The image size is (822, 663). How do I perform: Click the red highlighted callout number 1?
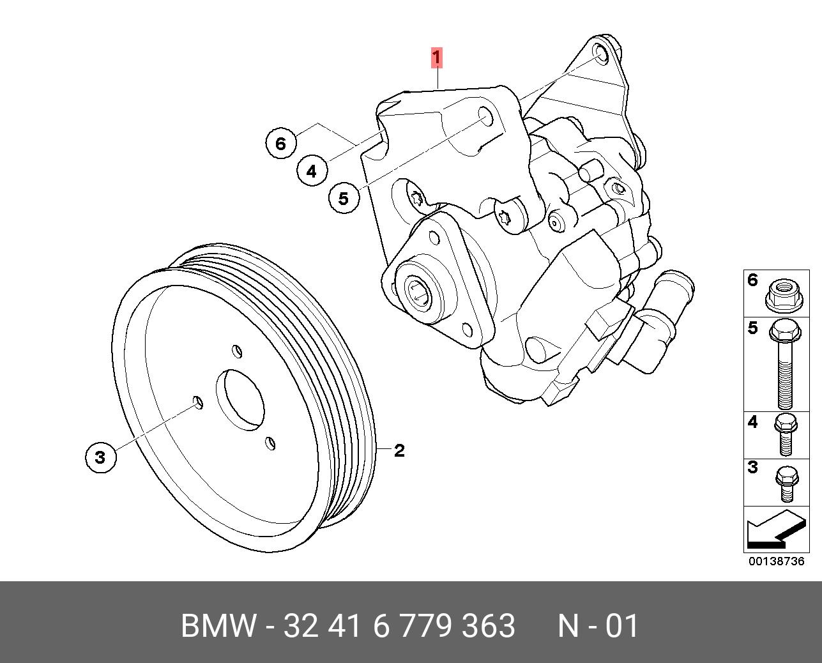click(436, 58)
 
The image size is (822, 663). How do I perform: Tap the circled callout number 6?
click(280, 143)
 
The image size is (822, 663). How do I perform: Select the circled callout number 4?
click(311, 171)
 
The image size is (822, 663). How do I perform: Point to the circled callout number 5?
click(344, 198)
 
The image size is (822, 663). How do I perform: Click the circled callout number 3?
click(100, 457)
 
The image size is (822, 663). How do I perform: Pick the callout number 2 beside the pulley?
click(399, 451)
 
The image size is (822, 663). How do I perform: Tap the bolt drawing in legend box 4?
click(785, 434)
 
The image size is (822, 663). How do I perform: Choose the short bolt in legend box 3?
click(785, 482)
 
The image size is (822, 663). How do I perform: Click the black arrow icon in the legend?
click(774, 529)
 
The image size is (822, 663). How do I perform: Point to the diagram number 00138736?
click(776, 561)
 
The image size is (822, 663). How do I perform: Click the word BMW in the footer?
click(218, 626)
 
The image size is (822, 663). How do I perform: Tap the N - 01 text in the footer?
click(598, 626)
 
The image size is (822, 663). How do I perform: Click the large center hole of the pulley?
click(240, 399)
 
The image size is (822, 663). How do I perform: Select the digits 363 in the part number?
click(491, 626)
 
